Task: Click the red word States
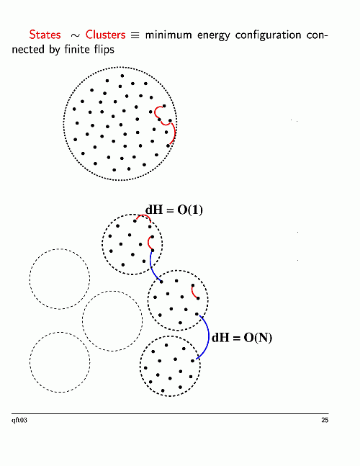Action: (x=45, y=35)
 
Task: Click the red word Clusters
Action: (x=105, y=35)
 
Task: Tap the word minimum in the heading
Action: (x=168, y=35)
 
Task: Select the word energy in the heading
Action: (x=214, y=36)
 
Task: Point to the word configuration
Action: (x=269, y=36)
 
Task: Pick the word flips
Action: (x=104, y=49)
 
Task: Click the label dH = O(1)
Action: (x=174, y=210)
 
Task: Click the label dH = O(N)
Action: (x=242, y=338)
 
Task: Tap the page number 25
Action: (x=325, y=420)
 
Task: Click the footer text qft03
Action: (x=19, y=420)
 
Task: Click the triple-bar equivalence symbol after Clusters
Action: (x=135, y=35)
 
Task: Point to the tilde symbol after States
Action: (x=75, y=36)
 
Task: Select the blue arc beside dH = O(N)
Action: (x=209, y=337)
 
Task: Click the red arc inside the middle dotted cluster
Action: (x=193, y=292)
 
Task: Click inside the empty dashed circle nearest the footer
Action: (x=60, y=362)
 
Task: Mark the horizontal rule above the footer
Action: (x=170, y=413)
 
